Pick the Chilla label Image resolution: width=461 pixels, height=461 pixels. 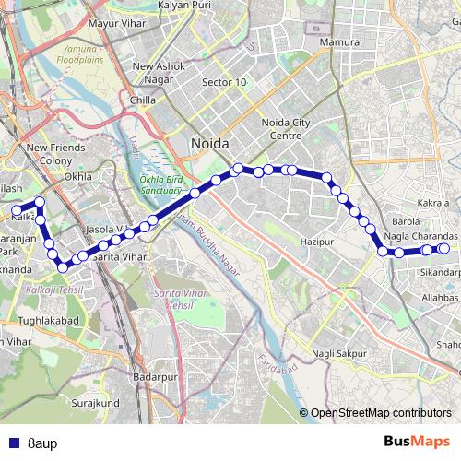click(143, 100)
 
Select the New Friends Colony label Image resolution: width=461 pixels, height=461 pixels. click(55, 153)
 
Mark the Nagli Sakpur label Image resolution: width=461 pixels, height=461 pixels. click(339, 352)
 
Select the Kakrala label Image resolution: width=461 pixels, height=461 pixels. click(432, 202)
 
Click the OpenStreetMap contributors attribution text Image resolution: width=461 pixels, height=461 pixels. click(380, 413)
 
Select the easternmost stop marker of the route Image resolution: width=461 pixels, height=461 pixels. click(443, 248)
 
